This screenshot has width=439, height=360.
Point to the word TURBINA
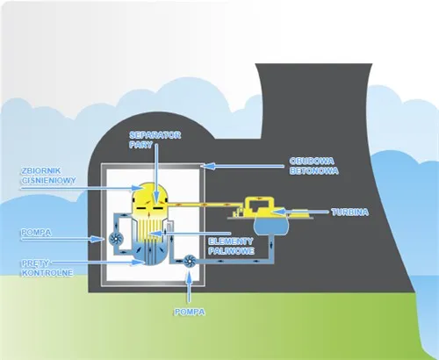coord(353,212)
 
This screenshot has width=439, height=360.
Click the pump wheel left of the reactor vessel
coord(115,237)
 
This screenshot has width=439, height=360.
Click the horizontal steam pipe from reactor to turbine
coord(202,207)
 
